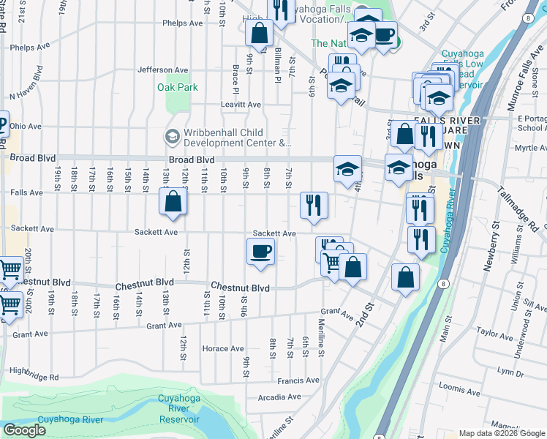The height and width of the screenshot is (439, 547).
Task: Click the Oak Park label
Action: click(178, 87)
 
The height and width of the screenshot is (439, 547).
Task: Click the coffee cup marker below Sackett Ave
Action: click(261, 253)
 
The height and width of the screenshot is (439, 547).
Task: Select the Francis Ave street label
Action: click(298, 380)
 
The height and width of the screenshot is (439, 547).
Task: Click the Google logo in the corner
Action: click(24, 429)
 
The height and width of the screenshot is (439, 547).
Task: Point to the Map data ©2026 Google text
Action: click(502, 433)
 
